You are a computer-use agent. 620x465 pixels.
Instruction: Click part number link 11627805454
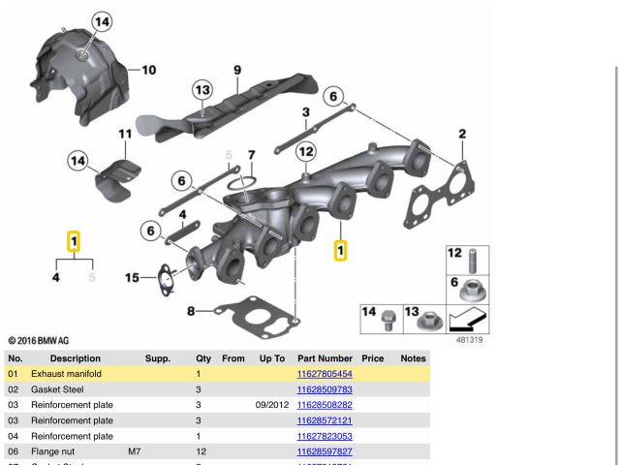click(x=325, y=374)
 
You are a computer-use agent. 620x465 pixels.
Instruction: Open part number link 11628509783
click(x=325, y=389)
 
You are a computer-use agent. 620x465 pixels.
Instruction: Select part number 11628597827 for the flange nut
click(x=325, y=451)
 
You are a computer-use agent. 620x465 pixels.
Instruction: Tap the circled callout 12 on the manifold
click(x=306, y=151)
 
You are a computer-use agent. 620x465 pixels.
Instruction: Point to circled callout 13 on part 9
click(x=201, y=91)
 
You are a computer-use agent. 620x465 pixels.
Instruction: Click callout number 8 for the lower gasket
click(x=191, y=311)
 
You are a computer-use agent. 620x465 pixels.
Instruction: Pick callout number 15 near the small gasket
click(x=132, y=278)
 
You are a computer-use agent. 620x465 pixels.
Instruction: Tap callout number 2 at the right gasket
click(x=462, y=134)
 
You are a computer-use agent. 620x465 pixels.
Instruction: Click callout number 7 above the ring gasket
click(x=251, y=155)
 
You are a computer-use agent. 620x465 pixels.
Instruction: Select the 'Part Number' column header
click(x=325, y=358)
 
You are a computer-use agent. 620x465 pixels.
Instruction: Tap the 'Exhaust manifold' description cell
click(x=66, y=374)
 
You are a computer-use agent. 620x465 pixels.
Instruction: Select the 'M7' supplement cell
click(x=134, y=451)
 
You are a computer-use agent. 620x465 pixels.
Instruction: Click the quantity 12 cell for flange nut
click(x=201, y=451)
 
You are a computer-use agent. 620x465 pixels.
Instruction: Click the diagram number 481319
click(x=469, y=340)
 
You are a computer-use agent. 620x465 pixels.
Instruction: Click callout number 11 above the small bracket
click(x=125, y=134)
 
